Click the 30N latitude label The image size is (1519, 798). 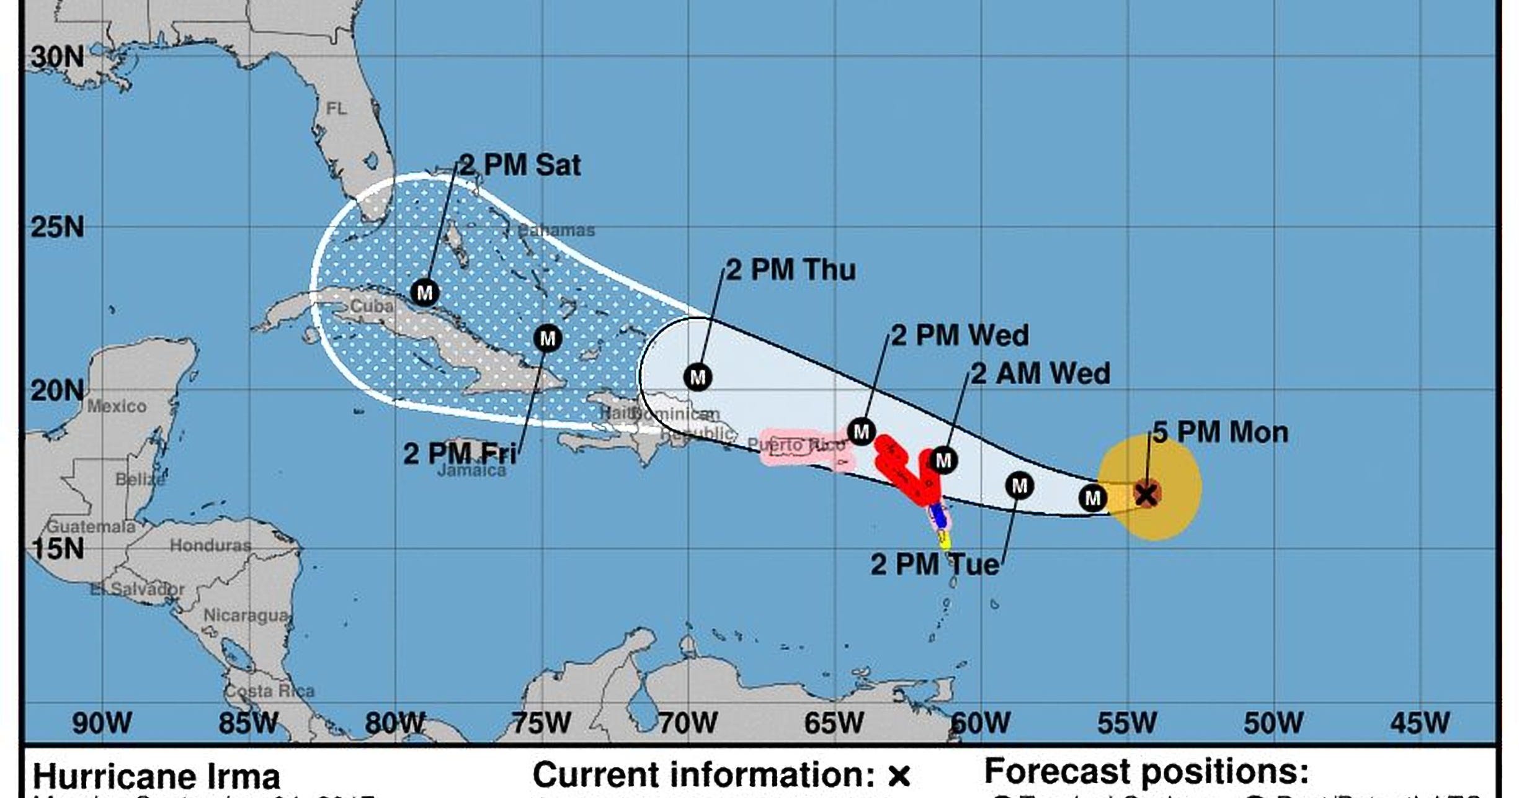pos(57,57)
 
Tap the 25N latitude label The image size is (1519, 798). pos(57,228)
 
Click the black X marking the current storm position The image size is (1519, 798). pos(1146,495)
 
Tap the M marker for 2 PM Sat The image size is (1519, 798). pos(425,292)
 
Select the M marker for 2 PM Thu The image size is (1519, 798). pos(698,377)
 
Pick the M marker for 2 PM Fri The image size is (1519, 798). pos(547,339)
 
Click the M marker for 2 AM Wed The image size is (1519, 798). pos(943,460)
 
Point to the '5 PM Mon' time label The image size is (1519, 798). pos(1220,433)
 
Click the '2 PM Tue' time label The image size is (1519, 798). pos(935,565)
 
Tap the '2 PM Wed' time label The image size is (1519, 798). pos(960,336)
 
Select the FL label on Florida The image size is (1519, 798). pos(337,109)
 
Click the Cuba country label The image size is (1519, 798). pos(372,306)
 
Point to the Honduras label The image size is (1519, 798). pos(210,545)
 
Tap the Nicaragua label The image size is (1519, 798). pos(246,616)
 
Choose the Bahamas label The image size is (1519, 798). pos(556,231)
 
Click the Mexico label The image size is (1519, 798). pos(117,406)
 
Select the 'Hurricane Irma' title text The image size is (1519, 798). pos(156,777)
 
